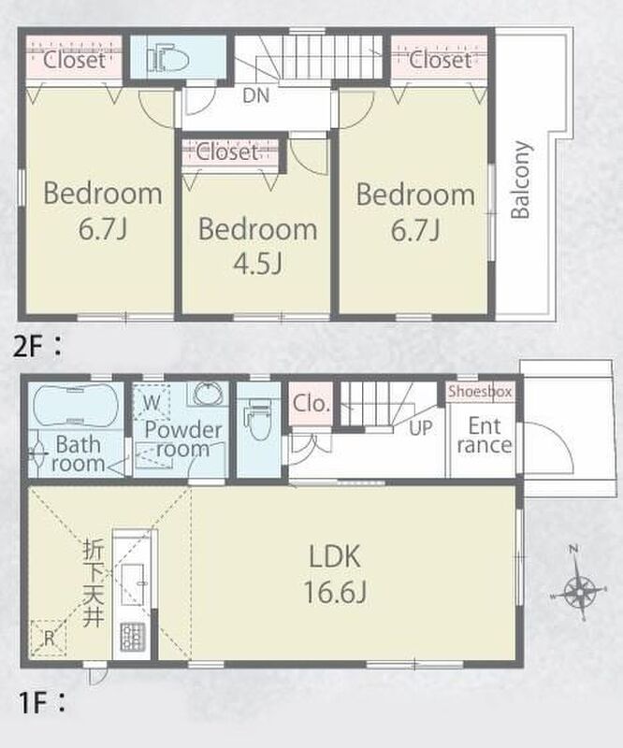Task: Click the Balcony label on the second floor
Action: click(x=521, y=180)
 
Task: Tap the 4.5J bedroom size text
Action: click(x=258, y=264)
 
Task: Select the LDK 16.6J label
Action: click(x=335, y=574)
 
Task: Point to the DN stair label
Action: click(x=256, y=96)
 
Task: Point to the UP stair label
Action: click(x=421, y=428)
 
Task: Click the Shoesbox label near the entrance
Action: click(x=480, y=392)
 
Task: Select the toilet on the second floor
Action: click(x=167, y=60)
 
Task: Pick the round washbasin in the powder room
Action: click(x=209, y=394)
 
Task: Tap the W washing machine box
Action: click(x=152, y=402)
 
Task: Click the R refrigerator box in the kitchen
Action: click(x=49, y=638)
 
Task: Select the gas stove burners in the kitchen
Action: click(x=132, y=638)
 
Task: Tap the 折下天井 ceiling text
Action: click(x=94, y=583)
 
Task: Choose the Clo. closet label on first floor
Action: click(x=311, y=404)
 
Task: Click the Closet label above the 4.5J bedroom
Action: click(x=227, y=152)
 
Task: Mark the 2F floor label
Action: click(x=37, y=346)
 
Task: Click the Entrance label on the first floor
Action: click(x=485, y=435)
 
